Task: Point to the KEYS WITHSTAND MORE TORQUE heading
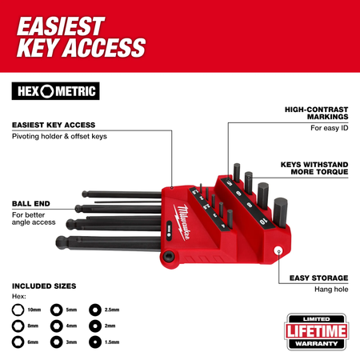click(x=314, y=168)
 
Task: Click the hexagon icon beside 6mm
click(x=18, y=342)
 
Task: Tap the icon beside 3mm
click(x=57, y=342)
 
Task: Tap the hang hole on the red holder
click(x=278, y=250)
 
